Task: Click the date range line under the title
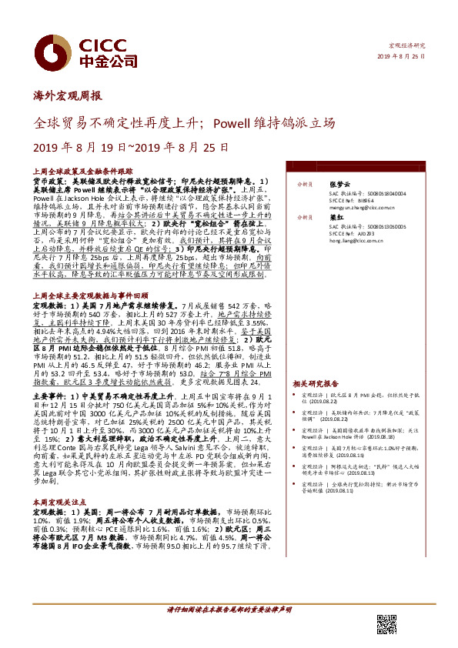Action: point(119,146)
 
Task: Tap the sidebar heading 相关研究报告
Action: point(316,382)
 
